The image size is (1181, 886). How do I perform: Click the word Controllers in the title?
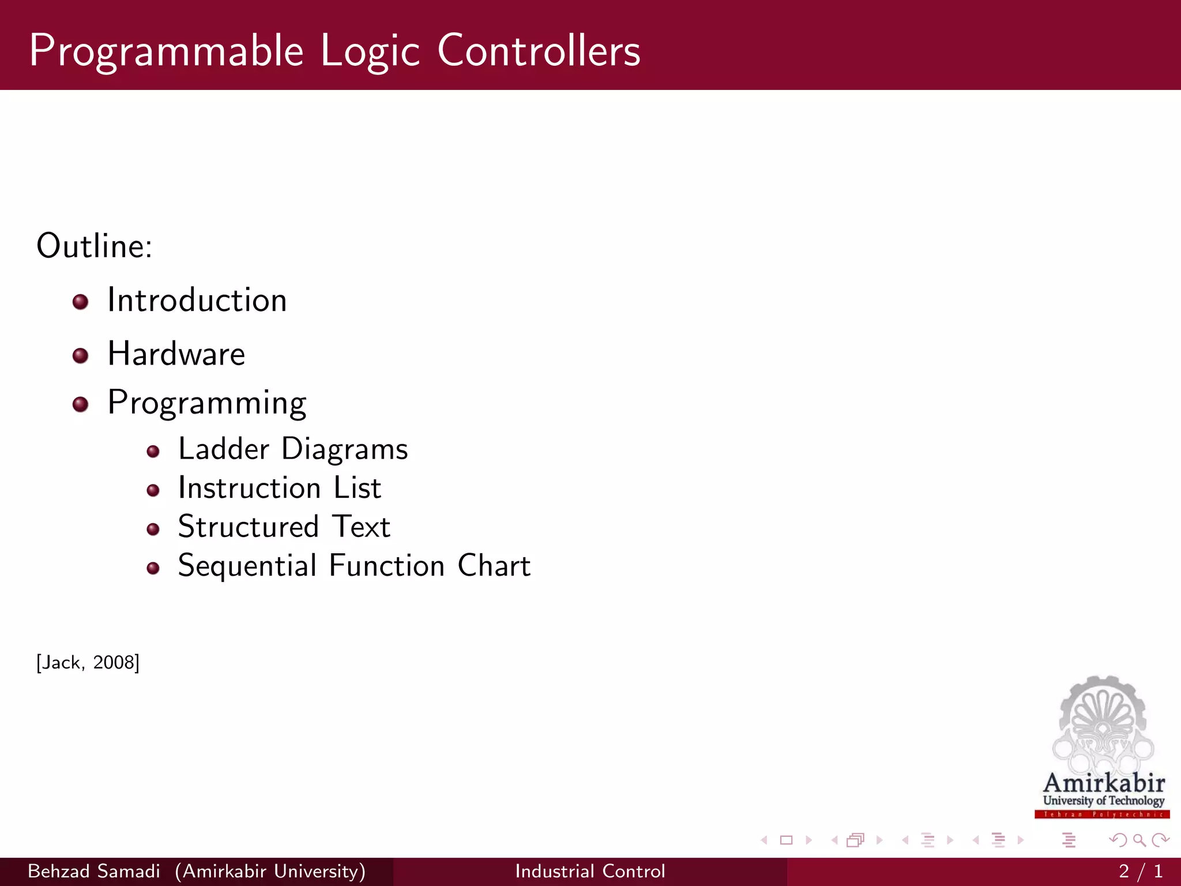point(539,51)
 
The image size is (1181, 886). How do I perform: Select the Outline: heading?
point(94,246)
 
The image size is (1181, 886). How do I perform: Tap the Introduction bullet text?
point(197,301)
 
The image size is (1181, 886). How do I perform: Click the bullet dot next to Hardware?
point(80,355)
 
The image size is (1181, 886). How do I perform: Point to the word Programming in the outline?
point(206,403)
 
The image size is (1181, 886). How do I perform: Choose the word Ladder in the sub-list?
point(224,449)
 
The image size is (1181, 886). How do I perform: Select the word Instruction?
point(249,488)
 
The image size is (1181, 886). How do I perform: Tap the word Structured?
point(248,527)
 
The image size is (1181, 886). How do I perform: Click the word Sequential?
point(247,566)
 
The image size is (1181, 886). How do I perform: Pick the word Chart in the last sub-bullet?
point(494,566)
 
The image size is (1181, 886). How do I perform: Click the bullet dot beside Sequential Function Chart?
point(153,568)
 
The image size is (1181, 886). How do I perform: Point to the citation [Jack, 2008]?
point(88,662)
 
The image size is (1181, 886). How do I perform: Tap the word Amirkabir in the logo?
point(1104,783)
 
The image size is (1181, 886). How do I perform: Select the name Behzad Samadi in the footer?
point(93,871)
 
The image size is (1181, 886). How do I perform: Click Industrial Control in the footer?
point(590,871)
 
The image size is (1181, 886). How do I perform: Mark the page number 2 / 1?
point(1140,871)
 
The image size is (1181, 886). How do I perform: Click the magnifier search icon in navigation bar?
point(1139,840)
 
